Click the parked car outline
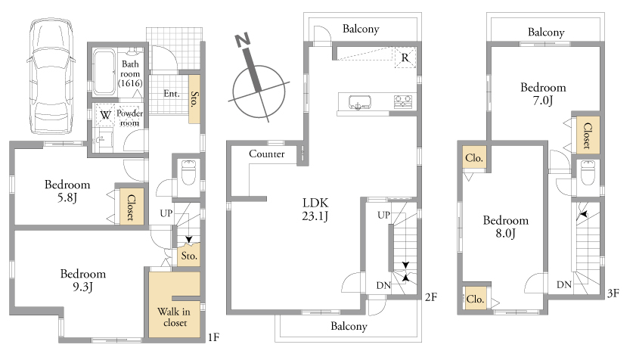click(x=51, y=76)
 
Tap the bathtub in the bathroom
click(x=104, y=72)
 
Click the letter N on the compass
click(x=243, y=39)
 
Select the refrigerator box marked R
click(x=405, y=57)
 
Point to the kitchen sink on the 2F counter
click(x=360, y=102)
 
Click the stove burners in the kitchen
click(x=403, y=101)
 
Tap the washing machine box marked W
click(x=105, y=115)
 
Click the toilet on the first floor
click(x=189, y=172)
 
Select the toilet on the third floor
click(x=588, y=172)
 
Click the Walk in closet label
click(x=175, y=317)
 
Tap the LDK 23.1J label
click(x=315, y=209)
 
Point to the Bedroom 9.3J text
click(x=82, y=280)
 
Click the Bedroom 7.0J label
click(x=543, y=94)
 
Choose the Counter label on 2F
click(x=266, y=154)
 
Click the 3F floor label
click(x=613, y=293)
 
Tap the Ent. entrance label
click(x=172, y=93)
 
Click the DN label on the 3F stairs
click(x=564, y=285)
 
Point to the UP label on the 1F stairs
click(x=166, y=213)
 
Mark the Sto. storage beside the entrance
click(x=194, y=99)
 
